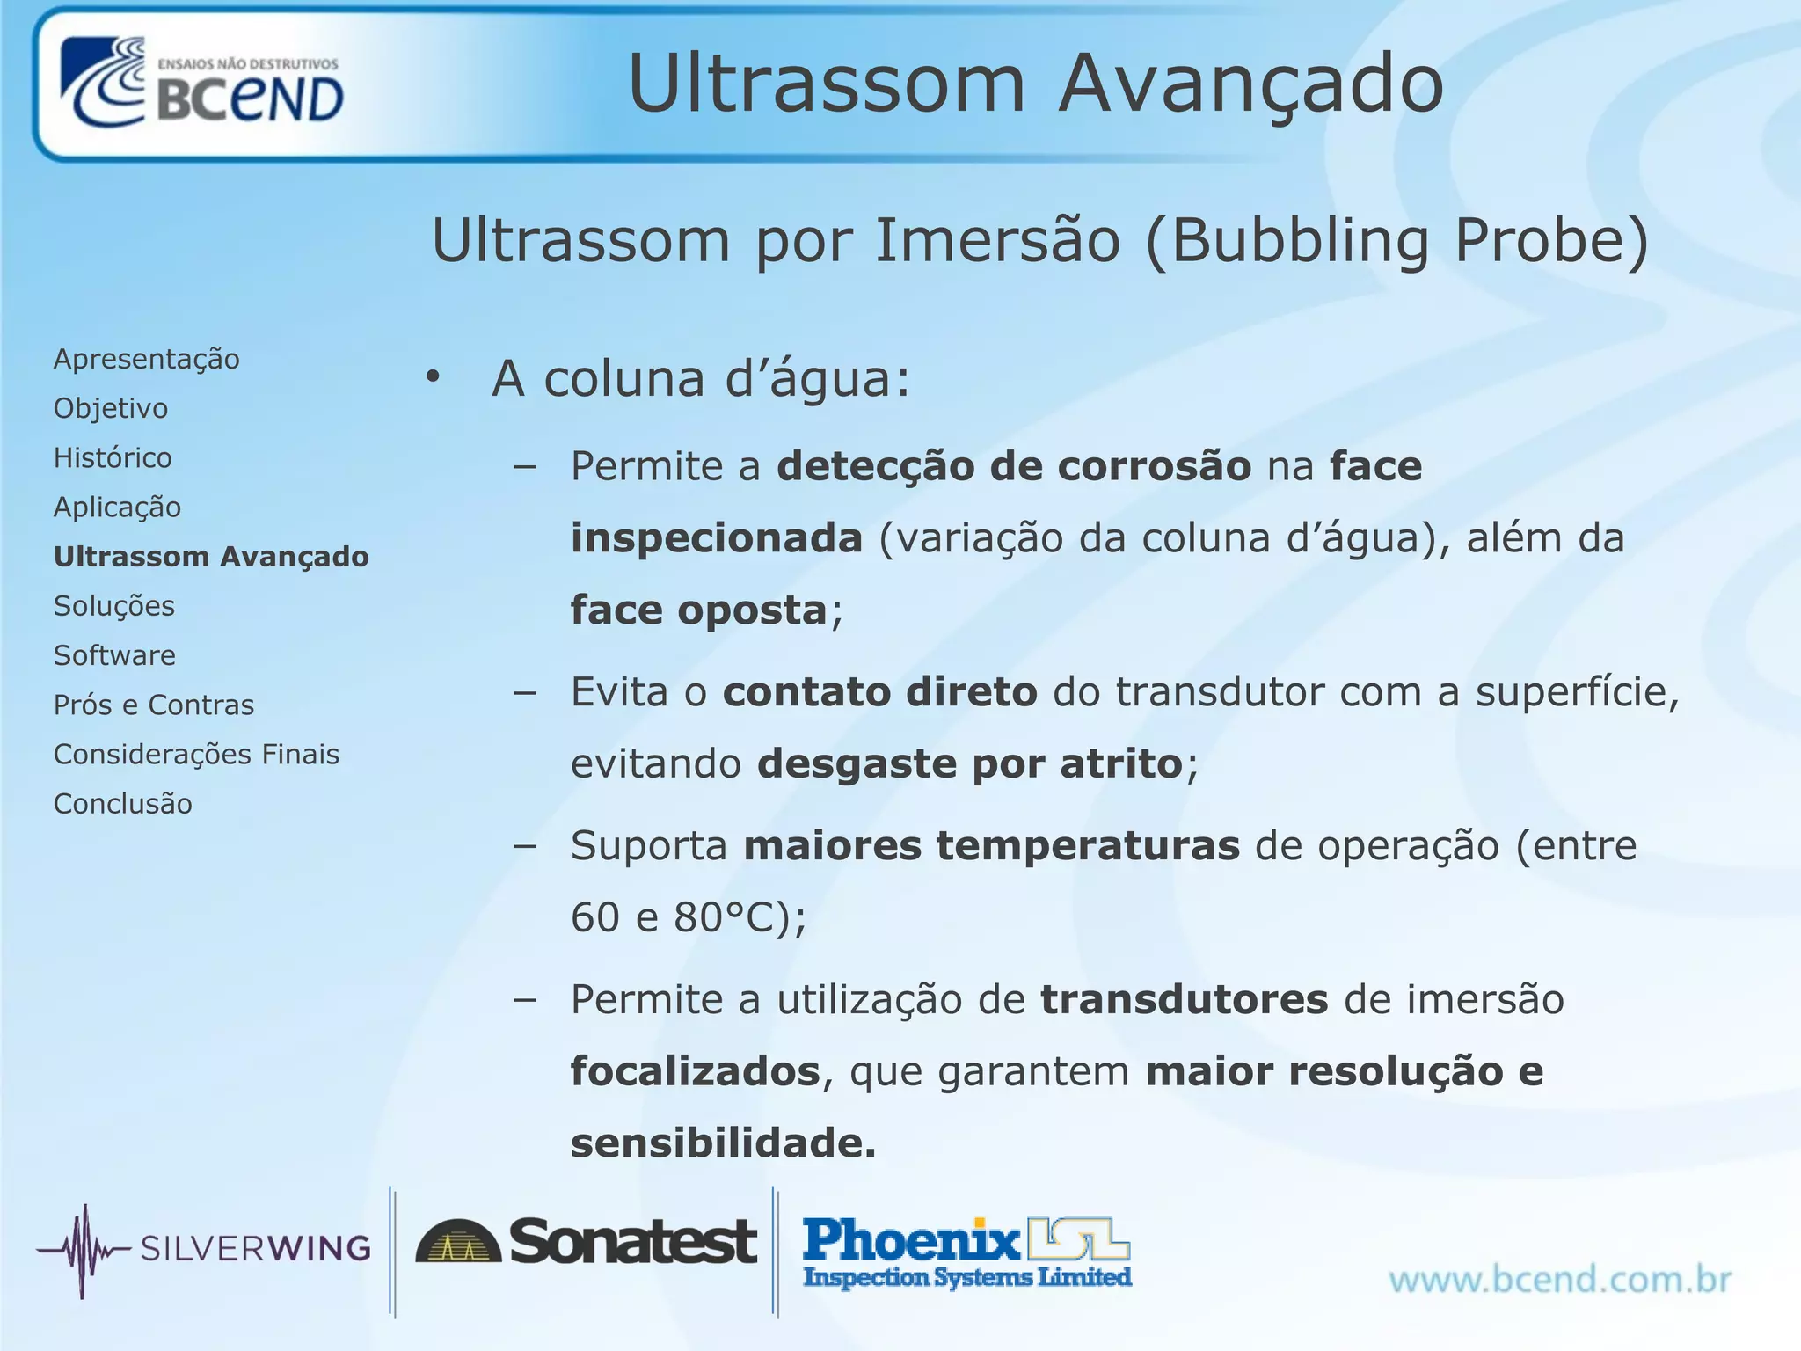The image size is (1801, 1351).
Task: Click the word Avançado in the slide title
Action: point(1250,84)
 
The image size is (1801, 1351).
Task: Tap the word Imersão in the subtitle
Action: point(997,240)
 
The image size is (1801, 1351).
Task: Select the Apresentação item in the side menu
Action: point(146,359)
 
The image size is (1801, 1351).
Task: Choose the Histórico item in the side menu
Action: point(113,457)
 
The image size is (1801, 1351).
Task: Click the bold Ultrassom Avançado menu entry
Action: point(211,557)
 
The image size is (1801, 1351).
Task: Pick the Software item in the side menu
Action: point(114,655)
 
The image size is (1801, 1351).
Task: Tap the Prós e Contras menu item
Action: point(154,705)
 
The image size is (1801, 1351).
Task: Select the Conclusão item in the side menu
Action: point(122,804)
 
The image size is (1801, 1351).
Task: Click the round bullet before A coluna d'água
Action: point(432,377)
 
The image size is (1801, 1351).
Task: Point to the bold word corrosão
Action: point(1154,466)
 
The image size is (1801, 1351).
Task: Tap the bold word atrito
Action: point(1121,763)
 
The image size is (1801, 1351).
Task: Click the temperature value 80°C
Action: point(728,917)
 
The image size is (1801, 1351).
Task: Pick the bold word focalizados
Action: point(695,1071)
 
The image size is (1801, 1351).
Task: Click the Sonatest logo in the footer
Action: point(586,1242)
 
